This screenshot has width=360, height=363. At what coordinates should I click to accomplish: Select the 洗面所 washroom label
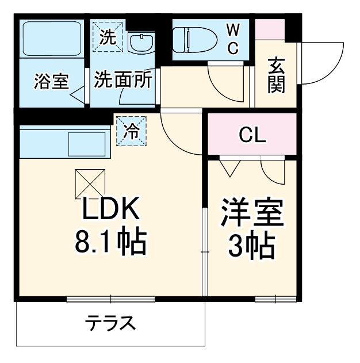tap(123, 79)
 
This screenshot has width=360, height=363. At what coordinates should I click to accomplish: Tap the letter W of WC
tap(232, 29)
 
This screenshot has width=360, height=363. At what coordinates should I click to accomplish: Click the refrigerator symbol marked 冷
tap(132, 131)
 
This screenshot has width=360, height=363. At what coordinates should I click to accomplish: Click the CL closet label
tap(252, 136)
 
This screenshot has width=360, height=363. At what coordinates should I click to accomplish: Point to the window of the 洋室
tap(275, 299)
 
